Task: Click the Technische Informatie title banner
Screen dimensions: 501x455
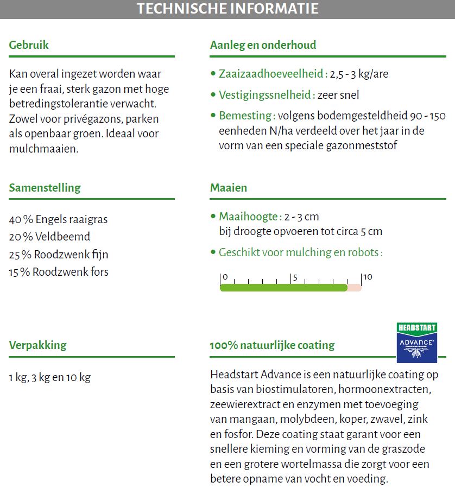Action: (x=227, y=9)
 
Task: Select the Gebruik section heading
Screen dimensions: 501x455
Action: (x=29, y=45)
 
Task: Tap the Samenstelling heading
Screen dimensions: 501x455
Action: (x=45, y=188)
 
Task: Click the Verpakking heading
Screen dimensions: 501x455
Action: (x=37, y=345)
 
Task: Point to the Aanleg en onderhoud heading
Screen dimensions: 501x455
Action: (x=263, y=45)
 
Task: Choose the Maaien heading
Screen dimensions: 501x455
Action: (x=229, y=188)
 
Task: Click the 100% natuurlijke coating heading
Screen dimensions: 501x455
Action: (x=272, y=345)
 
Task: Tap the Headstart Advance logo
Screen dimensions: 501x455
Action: (x=417, y=343)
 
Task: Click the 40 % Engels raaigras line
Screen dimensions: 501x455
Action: (x=58, y=219)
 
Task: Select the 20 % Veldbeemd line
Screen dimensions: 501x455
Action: (x=49, y=237)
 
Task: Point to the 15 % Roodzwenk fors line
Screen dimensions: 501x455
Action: (x=58, y=271)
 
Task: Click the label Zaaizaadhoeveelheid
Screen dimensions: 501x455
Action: (x=271, y=74)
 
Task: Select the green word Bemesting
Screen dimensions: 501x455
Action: (x=245, y=116)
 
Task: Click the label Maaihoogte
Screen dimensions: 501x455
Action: (x=249, y=217)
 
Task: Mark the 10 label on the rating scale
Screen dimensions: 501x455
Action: (x=368, y=277)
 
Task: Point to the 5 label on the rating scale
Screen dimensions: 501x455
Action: (x=295, y=277)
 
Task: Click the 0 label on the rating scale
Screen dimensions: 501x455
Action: (x=225, y=277)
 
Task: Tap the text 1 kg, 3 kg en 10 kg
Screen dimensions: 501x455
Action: (x=49, y=377)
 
